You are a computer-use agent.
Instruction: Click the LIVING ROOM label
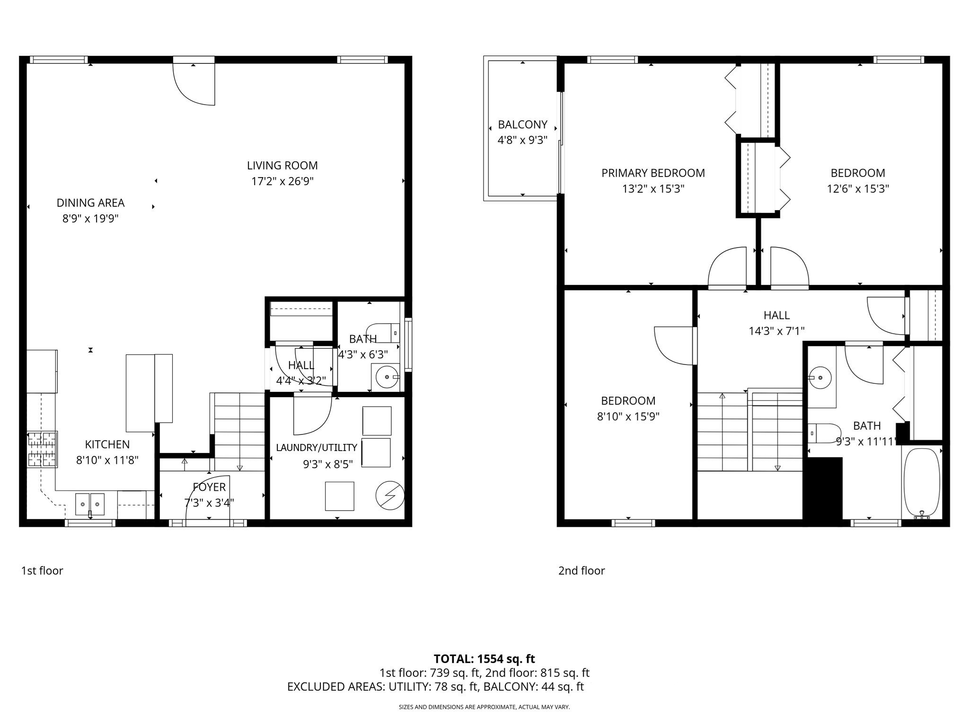[x=282, y=166]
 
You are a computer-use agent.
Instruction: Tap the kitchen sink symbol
[x=90, y=505]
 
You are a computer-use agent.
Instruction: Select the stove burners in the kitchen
[x=42, y=449]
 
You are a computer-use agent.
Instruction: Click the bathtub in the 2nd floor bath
[x=921, y=483]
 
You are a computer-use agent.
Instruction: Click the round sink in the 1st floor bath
[x=386, y=377]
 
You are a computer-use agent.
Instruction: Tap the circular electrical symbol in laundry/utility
[x=390, y=496]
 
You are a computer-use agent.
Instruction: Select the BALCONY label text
[x=522, y=125]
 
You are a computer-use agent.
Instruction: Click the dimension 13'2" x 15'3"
[x=653, y=189]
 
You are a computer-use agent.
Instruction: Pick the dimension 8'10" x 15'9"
[x=628, y=417]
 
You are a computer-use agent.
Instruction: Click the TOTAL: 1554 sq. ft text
[x=484, y=659]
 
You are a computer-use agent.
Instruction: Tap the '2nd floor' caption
[x=581, y=571]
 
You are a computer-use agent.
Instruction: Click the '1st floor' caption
[x=42, y=571]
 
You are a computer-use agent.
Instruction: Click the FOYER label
[x=209, y=487]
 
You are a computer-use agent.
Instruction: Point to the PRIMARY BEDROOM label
[x=653, y=173]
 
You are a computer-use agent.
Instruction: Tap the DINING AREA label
[x=90, y=203]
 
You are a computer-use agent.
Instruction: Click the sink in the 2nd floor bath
[x=819, y=378]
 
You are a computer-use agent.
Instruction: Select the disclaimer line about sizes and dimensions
[x=484, y=707]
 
